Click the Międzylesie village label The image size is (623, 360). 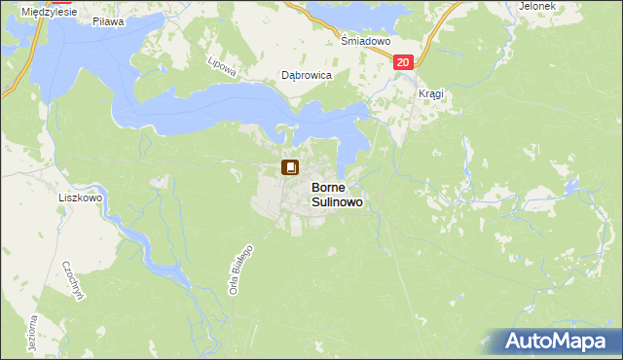pyautogui.click(x=35, y=7)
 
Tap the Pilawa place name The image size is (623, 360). pyautogui.click(x=105, y=20)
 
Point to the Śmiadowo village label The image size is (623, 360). pyautogui.click(x=365, y=42)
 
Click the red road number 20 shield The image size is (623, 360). pyautogui.click(x=405, y=61)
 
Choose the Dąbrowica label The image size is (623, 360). pyautogui.click(x=307, y=75)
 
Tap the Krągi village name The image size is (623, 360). pyautogui.click(x=430, y=93)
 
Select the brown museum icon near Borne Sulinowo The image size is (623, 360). pyautogui.click(x=290, y=167)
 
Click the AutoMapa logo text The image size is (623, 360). pyautogui.click(x=567, y=341)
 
